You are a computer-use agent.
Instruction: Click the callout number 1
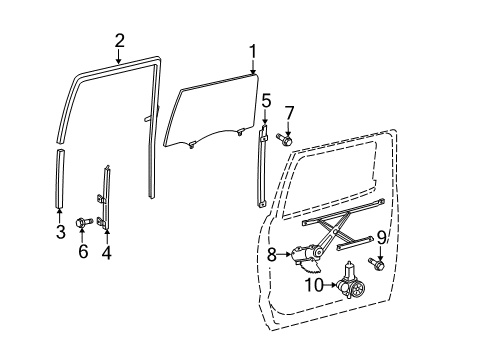[x=253, y=51]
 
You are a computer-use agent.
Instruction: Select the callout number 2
[x=120, y=41]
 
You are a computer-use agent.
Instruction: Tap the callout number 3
[x=60, y=234]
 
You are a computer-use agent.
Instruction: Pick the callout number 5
[x=266, y=101]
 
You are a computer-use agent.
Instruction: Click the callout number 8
[x=271, y=256]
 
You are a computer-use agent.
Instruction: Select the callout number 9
[x=381, y=238]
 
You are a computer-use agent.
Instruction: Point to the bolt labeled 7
[x=284, y=141]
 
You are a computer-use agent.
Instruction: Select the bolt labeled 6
[x=83, y=219]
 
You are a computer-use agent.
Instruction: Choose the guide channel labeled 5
[x=264, y=170]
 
